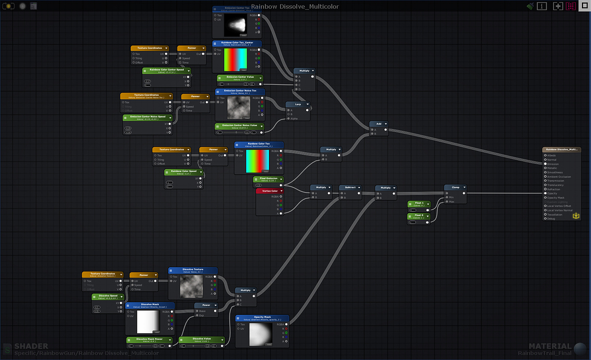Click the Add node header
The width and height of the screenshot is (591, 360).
tap(378, 123)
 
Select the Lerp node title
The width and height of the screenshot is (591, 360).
tap(297, 105)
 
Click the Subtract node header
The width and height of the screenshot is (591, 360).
tap(350, 187)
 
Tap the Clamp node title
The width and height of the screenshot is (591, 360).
tap(456, 187)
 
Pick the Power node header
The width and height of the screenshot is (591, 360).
tap(206, 305)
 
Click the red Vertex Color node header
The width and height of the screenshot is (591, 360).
tap(270, 191)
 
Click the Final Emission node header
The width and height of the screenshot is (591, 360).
tap(268, 179)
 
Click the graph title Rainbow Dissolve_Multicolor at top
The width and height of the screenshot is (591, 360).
tap(295, 6)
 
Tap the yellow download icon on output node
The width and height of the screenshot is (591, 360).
tap(576, 215)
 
